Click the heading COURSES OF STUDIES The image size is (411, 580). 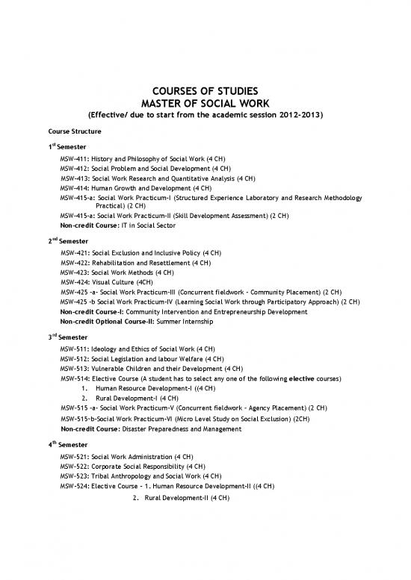[205, 90]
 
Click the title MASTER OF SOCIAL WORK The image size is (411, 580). [205, 103]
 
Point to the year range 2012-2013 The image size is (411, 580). [300, 116]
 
